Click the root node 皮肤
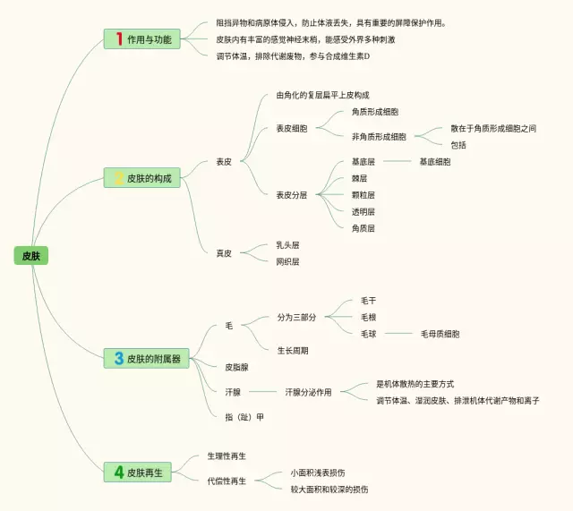click(30, 256)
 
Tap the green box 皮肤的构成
click(143, 178)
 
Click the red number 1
click(118, 38)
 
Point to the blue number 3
click(118, 358)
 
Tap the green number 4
click(118, 472)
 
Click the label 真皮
click(224, 253)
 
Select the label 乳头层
click(287, 244)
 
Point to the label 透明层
click(363, 211)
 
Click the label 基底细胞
click(435, 162)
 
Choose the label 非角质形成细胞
click(379, 137)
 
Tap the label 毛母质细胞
click(440, 334)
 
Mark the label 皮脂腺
click(236, 367)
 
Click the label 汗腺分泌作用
click(308, 392)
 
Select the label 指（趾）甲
click(244, 417)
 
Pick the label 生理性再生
click(227, 456)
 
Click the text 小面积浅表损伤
click(318, 473)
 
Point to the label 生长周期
click(292, 350)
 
